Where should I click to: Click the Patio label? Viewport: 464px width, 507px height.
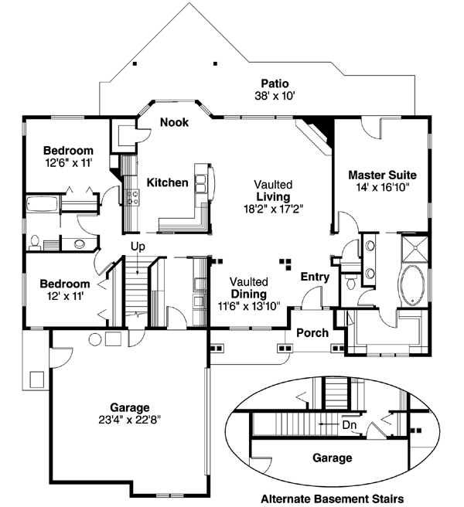(x=275, y=83)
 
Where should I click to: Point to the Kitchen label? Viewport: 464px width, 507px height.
(x=168, y=182)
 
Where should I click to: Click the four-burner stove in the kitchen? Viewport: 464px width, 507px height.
(x=132, y=197)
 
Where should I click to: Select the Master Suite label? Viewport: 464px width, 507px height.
(x=382, y=175)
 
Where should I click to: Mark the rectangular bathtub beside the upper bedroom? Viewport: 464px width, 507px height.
(x=43, y=206)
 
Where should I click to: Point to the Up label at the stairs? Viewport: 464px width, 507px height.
(x=138, y=247)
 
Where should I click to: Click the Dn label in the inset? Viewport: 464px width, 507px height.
(x=349, y=424)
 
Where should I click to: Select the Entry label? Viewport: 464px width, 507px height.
(x=315, y=277)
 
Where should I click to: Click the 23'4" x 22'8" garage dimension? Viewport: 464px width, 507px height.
(x=129, y=419)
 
